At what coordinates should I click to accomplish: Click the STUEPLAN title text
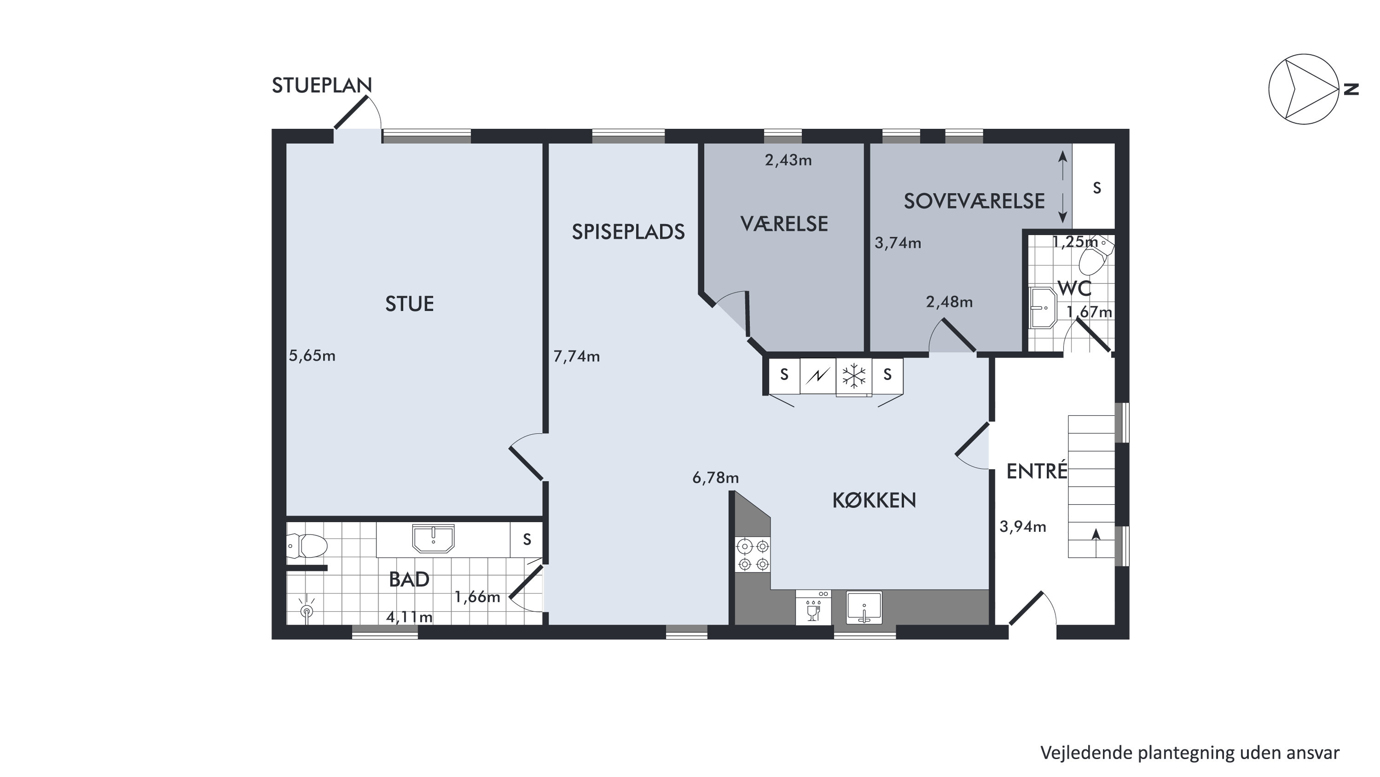click(x=322, y=86)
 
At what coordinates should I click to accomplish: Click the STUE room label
click(x=409, y=304)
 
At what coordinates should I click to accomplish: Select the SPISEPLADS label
click(x=628, y=232)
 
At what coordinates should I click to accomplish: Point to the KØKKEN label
click(x=874, y=500)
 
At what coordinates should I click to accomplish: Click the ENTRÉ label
click(x=1037, y=471)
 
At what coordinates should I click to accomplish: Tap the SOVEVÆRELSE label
click(x=974, y=201)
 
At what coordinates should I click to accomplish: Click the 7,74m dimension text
click(x=577, y=356)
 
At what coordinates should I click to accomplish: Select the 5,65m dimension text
click(x=312, y=356)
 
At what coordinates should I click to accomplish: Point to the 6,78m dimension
click(x=715, y=478)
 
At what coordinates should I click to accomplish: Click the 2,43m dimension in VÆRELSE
click(x=788, y=160)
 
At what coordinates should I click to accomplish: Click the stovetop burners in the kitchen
click(x=753, y=555)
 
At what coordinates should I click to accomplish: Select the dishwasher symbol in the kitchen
click(x=813, y=607)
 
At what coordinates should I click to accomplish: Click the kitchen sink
click(x=864, y=608)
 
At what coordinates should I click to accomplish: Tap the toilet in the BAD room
click(x=306, y=546)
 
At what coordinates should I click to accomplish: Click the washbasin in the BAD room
click(x=433, y=538)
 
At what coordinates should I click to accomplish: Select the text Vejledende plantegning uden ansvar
click(x=1190, y=752)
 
